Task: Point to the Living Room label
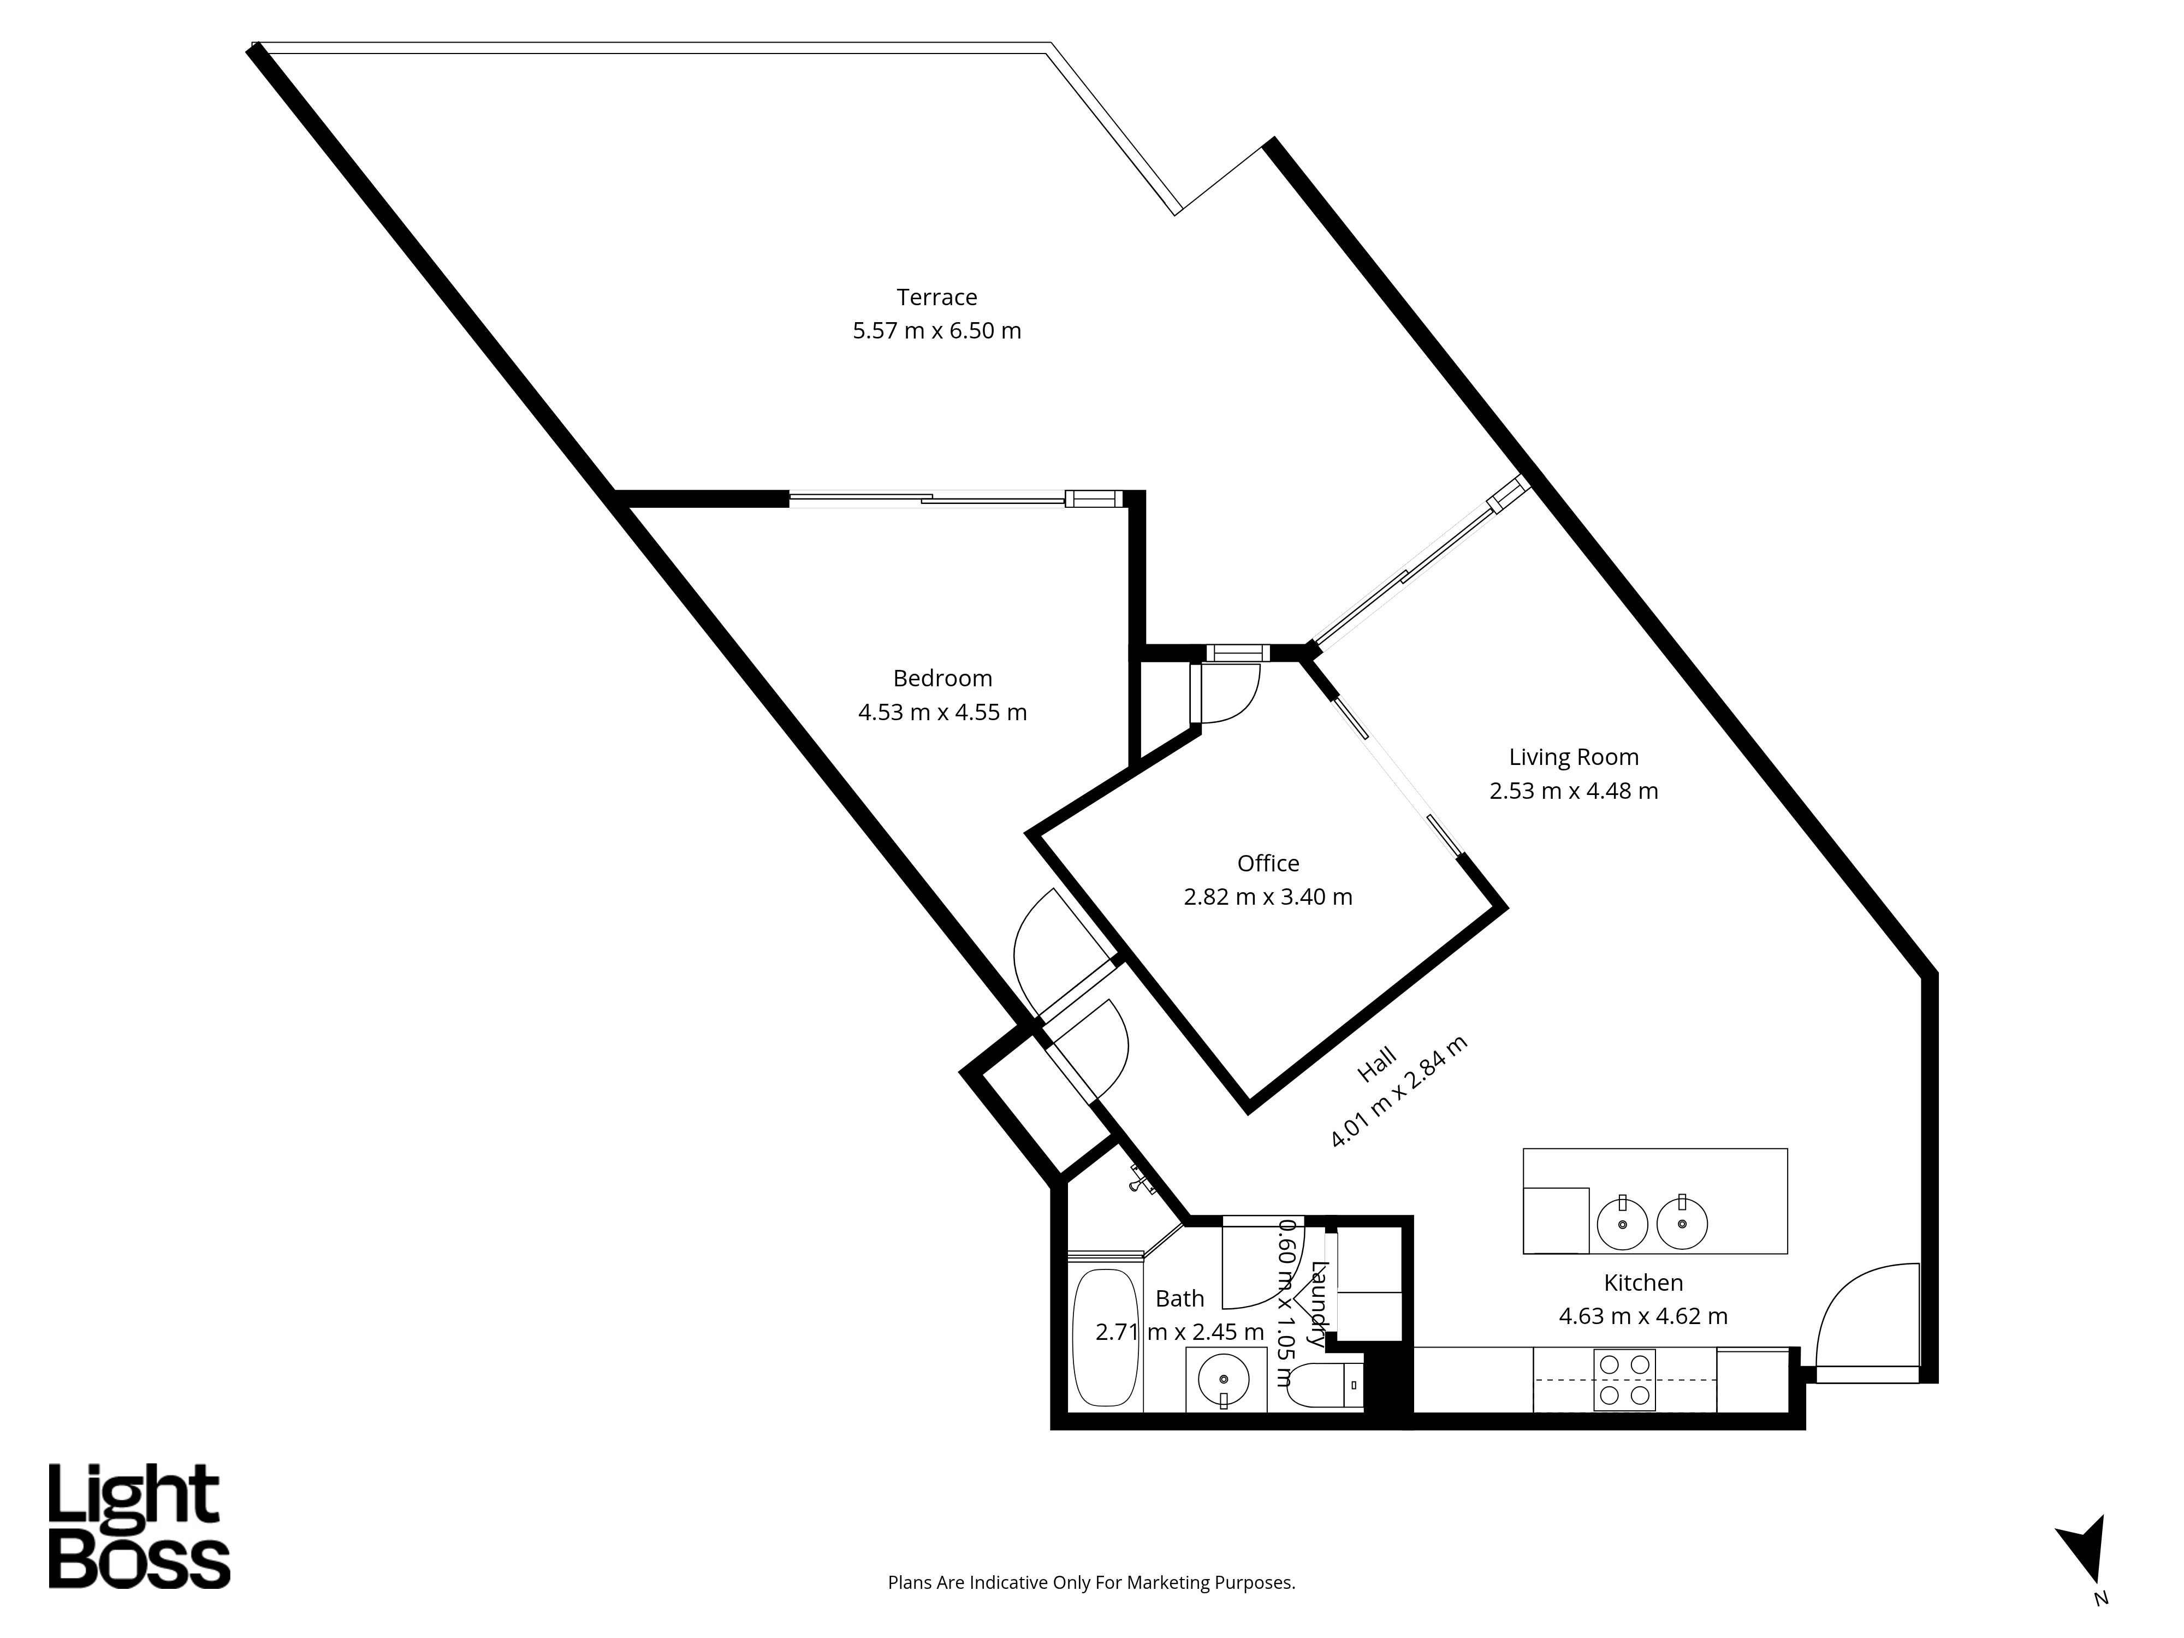(1573, 757)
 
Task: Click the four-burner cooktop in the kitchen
(1624, 1379)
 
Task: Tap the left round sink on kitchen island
(1622, 1224)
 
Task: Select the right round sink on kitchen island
(1682, 1224)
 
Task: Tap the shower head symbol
(1143, 1180)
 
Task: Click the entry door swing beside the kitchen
(1866, 1313)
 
